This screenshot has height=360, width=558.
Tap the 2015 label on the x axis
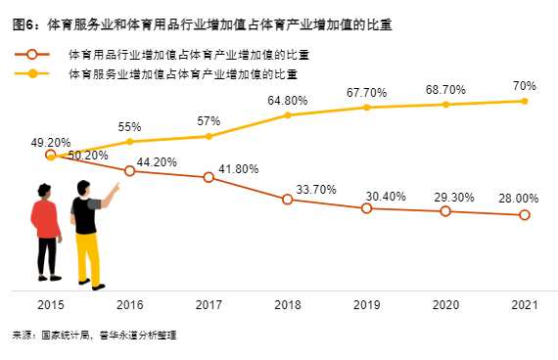click(x=51, y=306)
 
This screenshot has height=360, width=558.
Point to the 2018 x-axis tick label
click(x=287, y=306)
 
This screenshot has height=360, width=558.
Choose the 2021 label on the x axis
click(x=524, y=306)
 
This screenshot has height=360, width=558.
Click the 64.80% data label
click(x=288, y=100)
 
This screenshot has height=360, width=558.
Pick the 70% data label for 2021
click(x=524, y=85)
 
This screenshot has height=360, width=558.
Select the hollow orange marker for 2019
click(x=366, y=207)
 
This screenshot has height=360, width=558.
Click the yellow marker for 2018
click(x=288, y=115)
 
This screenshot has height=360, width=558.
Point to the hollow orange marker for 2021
click(x=525, y=214)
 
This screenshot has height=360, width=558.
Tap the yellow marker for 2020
click(x=445, y=104)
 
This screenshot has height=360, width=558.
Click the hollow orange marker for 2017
click(x=209, y=177)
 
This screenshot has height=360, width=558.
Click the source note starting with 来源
click(x=95, y=336)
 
